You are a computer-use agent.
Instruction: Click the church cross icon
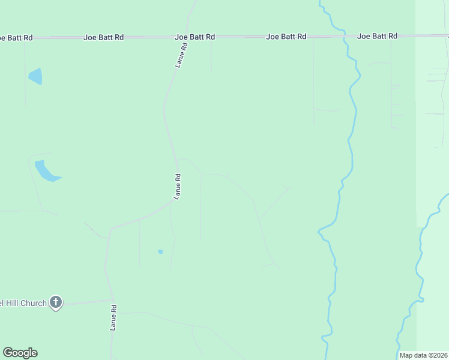point(56,302)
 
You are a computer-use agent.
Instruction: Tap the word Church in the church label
point(34,303)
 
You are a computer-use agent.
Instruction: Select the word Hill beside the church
point(11,303)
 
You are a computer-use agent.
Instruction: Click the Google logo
point(20,353)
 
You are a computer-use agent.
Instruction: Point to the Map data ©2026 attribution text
point(423,355)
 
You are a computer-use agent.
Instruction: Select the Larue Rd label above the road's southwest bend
point(177,186)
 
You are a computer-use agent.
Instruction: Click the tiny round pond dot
point(160,251)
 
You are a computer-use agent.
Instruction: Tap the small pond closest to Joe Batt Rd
point(35,76)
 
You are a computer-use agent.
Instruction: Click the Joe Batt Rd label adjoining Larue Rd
point(194,37)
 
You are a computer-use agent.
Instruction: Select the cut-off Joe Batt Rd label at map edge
point(12,37)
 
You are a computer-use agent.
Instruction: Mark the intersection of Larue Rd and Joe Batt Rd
point(187,37)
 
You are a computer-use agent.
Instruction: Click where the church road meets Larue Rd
point(113,300)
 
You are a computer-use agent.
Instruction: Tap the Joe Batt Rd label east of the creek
point(377,36)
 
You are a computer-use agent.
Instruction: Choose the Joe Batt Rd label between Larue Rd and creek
point(286,37)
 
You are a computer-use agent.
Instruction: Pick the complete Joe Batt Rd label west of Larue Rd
point(103,37)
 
